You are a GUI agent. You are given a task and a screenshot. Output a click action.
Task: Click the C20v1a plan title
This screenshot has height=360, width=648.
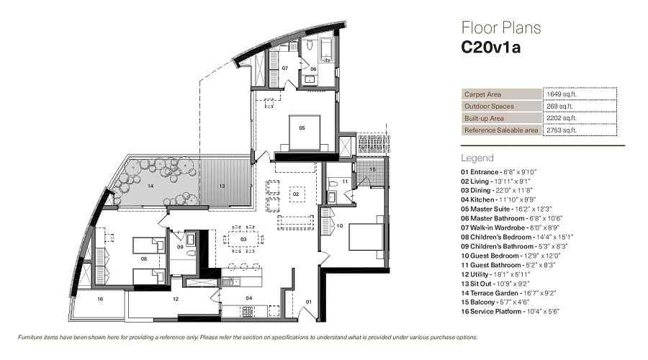[490, 47]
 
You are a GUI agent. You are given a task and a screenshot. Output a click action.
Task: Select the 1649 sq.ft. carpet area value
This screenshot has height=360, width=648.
[561, 94]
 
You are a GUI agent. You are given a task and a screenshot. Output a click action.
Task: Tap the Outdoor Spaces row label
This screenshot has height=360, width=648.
[489, 107]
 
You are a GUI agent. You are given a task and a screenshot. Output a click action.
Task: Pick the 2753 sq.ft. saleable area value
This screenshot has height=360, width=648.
[561, 130]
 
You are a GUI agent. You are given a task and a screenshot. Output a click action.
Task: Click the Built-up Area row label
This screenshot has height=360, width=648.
[484, 118]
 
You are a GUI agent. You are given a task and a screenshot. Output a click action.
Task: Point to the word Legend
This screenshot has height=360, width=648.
[477, 158]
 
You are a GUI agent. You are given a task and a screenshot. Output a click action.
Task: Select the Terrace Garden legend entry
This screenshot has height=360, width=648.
[508, 293]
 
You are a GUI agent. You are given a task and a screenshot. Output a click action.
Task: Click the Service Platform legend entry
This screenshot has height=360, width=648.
[510, 312]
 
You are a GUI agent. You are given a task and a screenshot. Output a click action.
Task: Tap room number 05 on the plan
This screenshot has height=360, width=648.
[302, 128]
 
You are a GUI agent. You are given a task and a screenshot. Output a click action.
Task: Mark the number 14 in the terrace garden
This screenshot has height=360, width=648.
[150, 186]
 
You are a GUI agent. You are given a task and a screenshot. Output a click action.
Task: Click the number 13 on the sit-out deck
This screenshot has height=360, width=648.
[222, 186]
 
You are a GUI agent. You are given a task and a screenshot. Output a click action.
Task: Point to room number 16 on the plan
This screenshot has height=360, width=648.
[100, 300]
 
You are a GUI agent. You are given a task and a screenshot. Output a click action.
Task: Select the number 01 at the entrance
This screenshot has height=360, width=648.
[309, 302]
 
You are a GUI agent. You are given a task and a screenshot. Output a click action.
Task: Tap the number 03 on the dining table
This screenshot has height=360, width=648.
[243, 239]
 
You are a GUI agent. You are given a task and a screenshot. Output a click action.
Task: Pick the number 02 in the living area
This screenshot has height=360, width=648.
[296, 194]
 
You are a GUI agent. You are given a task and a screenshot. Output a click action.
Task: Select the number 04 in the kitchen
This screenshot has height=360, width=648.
[249, 298]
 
